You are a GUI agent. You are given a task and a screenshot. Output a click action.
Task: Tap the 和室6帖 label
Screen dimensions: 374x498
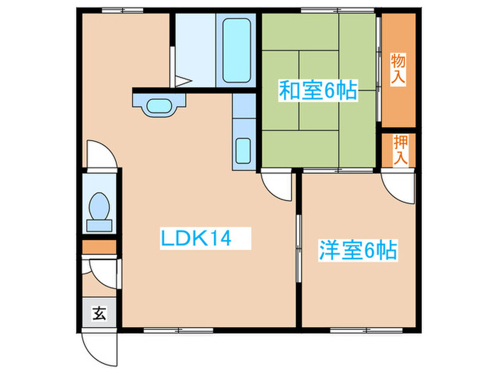317,91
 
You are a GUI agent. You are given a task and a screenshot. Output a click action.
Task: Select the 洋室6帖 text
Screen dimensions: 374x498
356,251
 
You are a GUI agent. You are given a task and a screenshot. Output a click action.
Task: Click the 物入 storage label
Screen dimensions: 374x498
398,68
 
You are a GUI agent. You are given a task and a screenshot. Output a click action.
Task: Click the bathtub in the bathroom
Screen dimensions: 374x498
238,51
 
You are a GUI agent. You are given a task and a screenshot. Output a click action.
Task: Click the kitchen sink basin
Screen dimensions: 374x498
243,150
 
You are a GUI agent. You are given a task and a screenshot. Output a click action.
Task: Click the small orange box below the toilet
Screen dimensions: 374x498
100,248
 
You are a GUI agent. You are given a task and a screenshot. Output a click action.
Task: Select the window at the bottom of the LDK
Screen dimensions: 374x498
178,329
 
